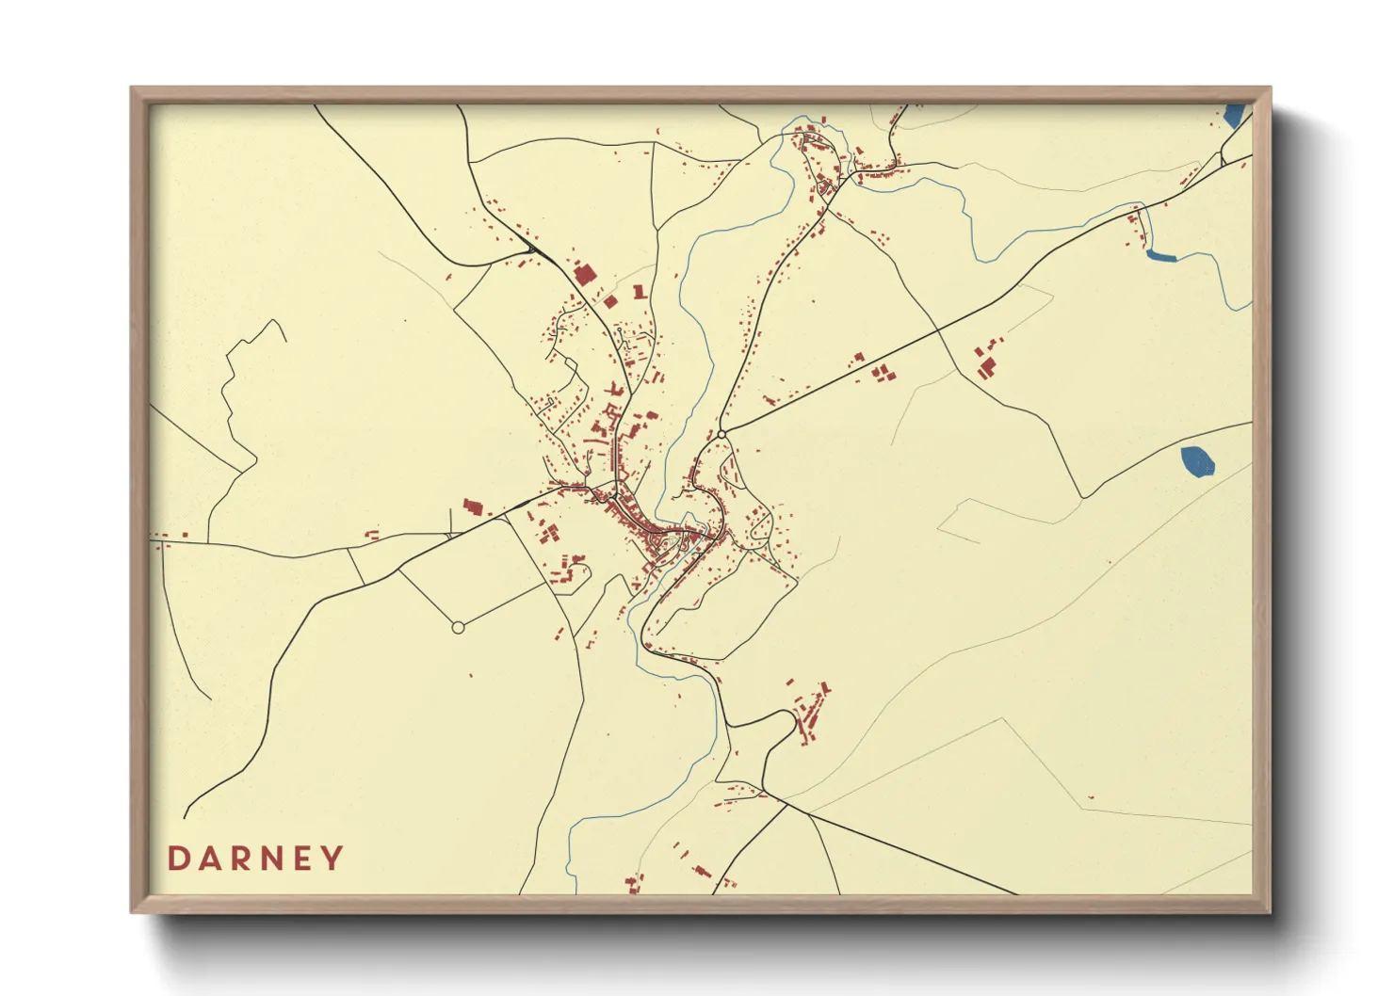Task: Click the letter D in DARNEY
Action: (177, 859)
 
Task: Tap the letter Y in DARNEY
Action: (332, 859)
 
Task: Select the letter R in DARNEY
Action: (239, 859)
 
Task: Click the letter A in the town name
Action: (208, 859)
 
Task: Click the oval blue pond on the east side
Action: (1197, 461)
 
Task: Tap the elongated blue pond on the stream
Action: (1161, 254)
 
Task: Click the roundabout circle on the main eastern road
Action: (721, 434)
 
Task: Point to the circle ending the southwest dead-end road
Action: (458, 627)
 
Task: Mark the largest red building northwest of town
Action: (584, 275)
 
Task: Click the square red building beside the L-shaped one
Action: (610, 301)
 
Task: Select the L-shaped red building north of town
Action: (640, 293)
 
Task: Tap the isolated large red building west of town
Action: (472, 507)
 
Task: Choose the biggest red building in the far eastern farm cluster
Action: (986, 365)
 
